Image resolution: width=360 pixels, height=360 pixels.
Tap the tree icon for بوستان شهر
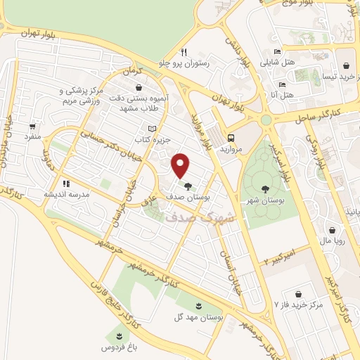coord(264,188)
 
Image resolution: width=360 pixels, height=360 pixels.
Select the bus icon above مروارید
coord(231,139)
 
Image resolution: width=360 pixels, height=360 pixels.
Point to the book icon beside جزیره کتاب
coord(153,129)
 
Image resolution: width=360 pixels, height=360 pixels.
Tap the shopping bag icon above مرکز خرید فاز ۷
coord(301,294)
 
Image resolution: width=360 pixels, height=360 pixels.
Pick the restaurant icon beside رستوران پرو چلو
coord(184,51)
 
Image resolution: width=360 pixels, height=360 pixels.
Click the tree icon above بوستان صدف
coord(189,186)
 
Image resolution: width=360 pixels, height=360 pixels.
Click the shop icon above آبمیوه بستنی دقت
coord(139,88)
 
